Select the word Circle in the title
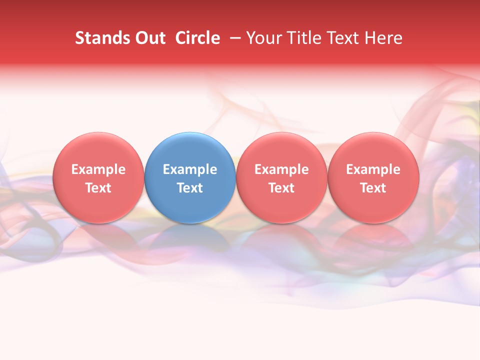(x=197, y=38)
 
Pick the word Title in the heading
(x=303, y=38)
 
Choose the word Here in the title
(x=384, y=38)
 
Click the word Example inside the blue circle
(x=190, y=169)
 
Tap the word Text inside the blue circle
(x=190, y=188)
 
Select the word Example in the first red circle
(x=98, y=169)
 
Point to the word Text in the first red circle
(x=98, y=188)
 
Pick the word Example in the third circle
(x=281, y=169)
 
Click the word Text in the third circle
(x=281, y=188)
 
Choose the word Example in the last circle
(x=373, y=169)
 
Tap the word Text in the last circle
(x=373, y=188)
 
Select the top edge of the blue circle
(x=190, y=133)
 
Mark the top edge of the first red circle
(x=98, y=133)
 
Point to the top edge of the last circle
(x=373, y=133)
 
